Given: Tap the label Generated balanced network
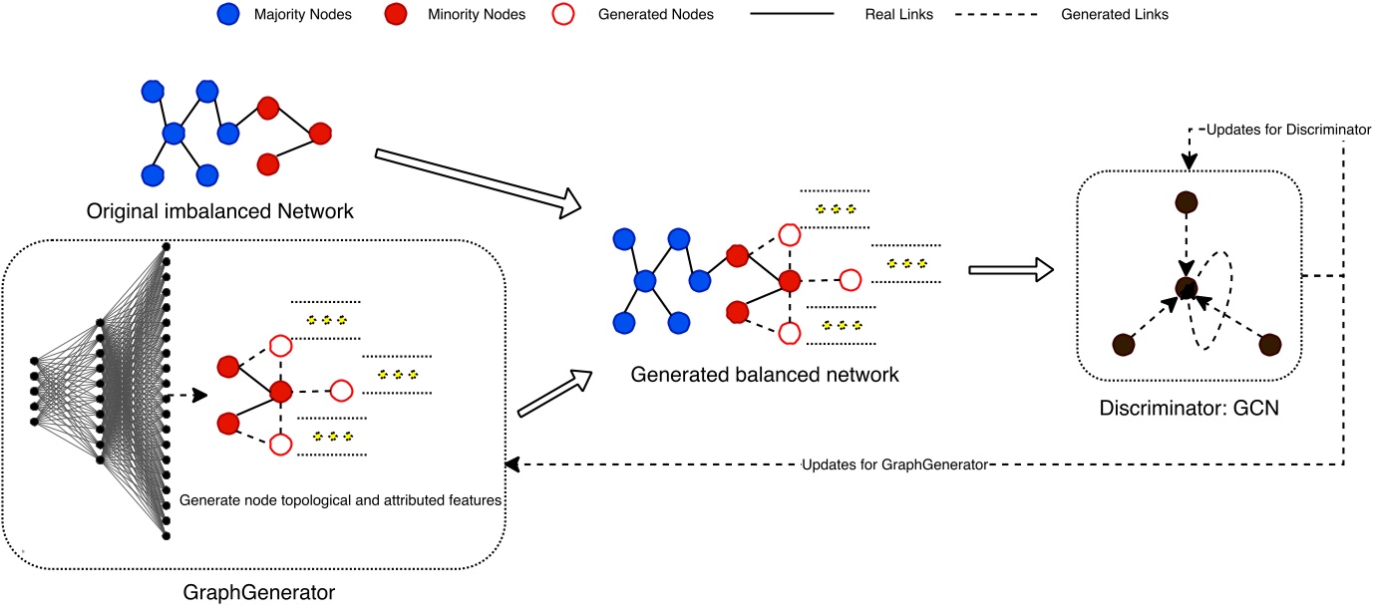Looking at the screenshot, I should pos(764,376).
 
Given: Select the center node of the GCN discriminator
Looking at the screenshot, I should pos(1185,287).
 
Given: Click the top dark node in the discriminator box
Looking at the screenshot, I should pos(1185,201).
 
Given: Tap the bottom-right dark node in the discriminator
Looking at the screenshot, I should pos(1269,345).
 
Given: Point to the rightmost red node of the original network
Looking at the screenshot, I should pos(320,133).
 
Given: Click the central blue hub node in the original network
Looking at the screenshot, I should pos(174,133).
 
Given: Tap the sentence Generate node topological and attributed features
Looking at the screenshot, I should pos(341,501).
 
